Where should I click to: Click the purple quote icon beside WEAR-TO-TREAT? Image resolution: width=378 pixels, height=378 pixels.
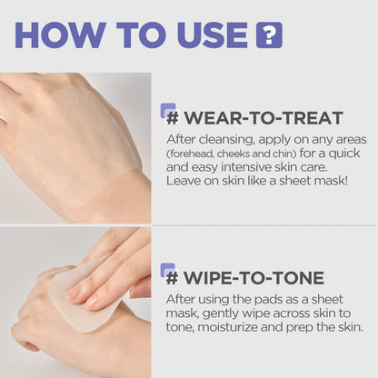click(x=168, y=111)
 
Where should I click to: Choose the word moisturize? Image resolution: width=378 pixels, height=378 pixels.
click(x=233, y=326)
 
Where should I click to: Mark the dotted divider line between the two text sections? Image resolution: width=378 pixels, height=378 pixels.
click(x=264, y=225)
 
